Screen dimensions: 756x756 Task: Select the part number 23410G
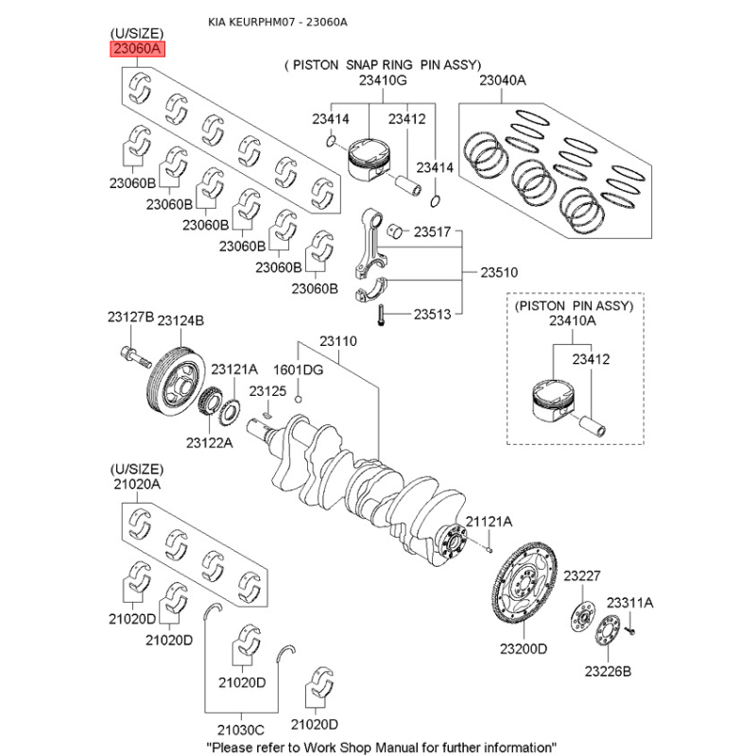pos(382,81)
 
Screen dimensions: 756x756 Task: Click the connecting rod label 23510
pos(500,272)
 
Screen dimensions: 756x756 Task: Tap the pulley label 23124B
pos(180,322)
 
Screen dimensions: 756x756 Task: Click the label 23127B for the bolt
pos(130,318)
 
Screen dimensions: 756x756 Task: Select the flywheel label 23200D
pos(524,649)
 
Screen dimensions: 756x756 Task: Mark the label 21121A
pos(489,522)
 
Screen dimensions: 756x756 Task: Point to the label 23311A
pos(629,603)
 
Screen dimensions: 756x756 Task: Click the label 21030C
pos(240,730)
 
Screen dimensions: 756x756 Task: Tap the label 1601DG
pos(298,369)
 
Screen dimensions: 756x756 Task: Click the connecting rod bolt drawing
pos(379,315)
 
